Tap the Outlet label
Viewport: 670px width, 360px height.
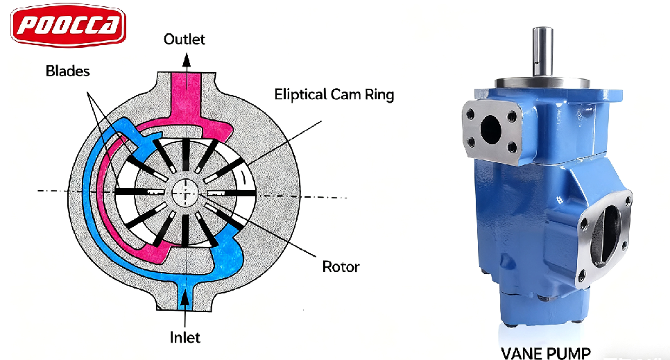184,39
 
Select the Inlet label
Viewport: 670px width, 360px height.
185,337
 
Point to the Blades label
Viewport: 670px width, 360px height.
67,71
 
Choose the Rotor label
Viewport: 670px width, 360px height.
341,266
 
